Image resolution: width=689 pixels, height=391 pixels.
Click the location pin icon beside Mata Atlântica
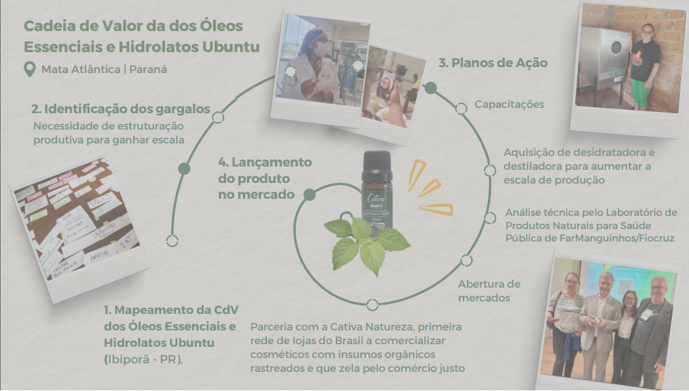coord(29,68)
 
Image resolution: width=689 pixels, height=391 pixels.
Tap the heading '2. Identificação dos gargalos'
coord(121,109)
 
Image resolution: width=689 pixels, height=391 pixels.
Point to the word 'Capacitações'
coord(510,105)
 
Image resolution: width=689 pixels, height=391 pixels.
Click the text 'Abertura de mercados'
coord(489,291)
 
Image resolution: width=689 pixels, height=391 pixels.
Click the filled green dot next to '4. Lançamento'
coord(309,194)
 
